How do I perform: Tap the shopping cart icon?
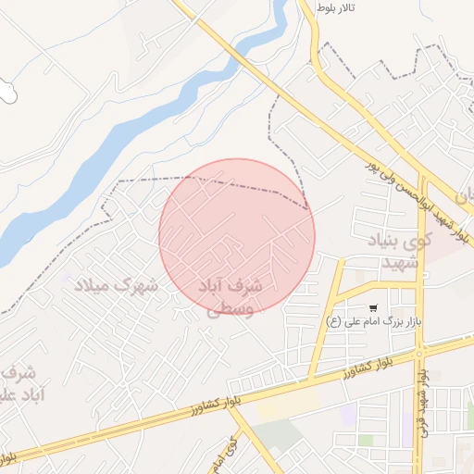tap(373, 307)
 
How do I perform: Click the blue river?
tap(139, 130)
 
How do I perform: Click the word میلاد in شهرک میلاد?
tap(93, 285)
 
